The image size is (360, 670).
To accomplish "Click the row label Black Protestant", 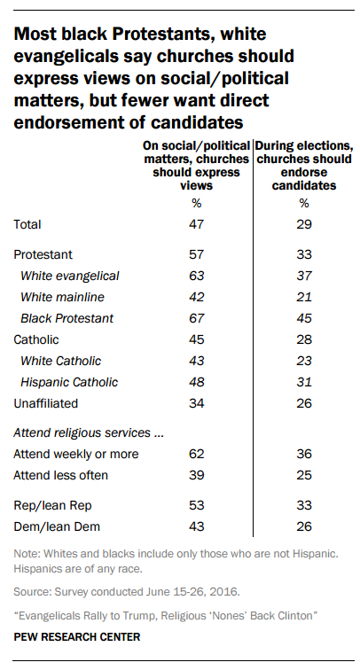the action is (x=67, y=318).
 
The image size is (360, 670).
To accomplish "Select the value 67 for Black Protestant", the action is (x=197, y=318).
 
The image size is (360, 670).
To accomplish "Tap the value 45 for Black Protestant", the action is (x=304, y=318).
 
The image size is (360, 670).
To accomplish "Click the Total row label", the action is (x=27, y=224).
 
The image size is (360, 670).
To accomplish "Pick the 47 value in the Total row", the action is (x=197, y=224).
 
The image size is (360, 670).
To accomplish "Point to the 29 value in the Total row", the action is (x=304, y=224).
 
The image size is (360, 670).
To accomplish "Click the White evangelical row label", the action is (x=70, y=276).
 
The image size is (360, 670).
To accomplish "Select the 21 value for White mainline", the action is (x=304, y=297).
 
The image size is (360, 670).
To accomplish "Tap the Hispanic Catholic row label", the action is (x=69, y=382).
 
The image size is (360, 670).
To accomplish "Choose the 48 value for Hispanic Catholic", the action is (x=197, y=382).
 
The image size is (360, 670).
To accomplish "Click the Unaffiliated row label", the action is (x=46, y=403).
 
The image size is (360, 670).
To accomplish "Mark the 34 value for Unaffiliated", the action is (x=197, y=403).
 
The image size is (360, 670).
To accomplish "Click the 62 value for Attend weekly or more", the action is (x=197, y=454).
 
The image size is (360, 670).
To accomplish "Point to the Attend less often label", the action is (x=60, y=475).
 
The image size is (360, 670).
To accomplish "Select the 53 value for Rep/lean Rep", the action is (x=197, y=505).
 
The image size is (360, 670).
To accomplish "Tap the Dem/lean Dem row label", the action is (x=57, y=526).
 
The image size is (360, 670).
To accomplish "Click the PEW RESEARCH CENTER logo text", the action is (x=77, y=636).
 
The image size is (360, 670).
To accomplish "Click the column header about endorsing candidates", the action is (x=304, y=166).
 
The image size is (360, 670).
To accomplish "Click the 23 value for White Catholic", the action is (x=304, y=361).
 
